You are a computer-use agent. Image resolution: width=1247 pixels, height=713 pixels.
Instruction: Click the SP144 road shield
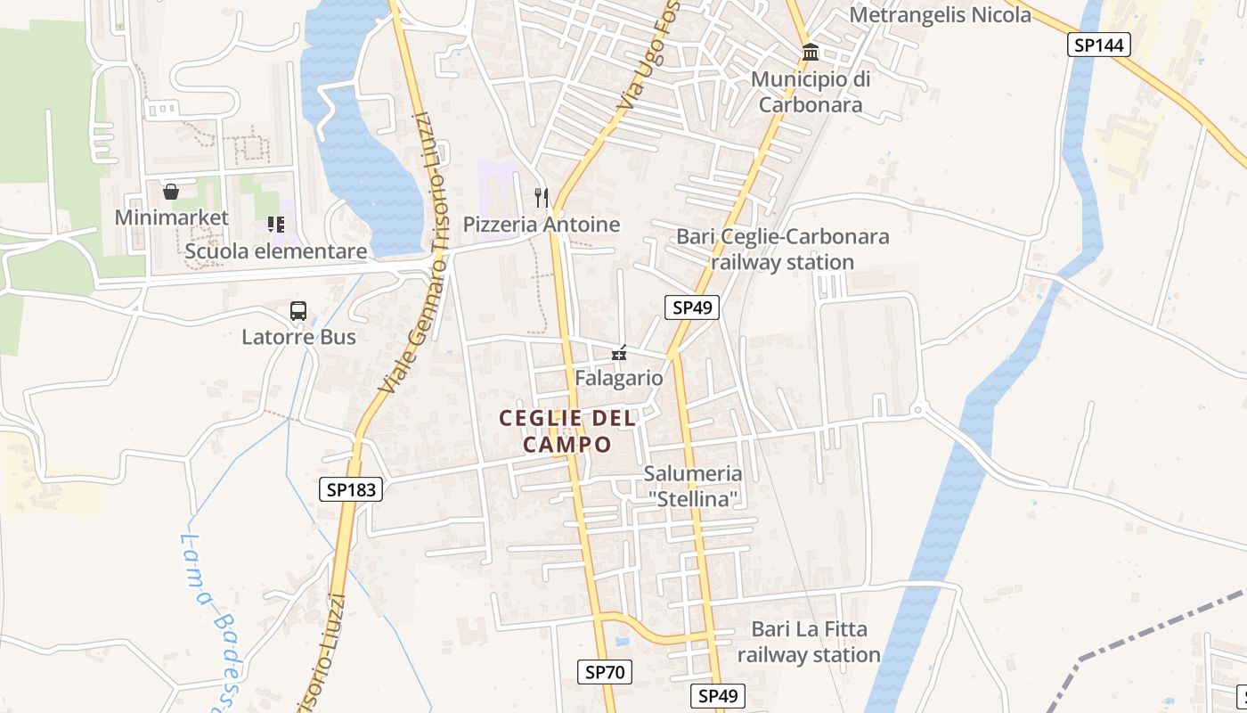coord(1099,45)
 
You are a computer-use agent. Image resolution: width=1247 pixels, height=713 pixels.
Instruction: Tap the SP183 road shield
coord(351,488)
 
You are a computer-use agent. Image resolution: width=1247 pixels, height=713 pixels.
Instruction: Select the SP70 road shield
coord(607,672)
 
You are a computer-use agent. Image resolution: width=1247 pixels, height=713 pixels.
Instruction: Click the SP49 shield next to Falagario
coord(692,307)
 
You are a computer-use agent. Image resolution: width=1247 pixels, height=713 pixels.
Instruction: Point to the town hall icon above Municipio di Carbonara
coord(811,53)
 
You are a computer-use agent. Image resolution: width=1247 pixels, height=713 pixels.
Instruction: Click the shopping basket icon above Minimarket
coord(171,191)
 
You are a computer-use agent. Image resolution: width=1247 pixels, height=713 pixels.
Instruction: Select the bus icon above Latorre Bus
coord(298,311)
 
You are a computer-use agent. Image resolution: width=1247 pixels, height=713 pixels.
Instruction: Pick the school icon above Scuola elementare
coord(275,224)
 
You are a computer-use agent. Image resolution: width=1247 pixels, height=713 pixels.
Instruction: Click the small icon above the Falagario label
coord(619,354)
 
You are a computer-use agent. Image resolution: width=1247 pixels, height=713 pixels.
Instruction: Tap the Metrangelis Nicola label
coord(940,14)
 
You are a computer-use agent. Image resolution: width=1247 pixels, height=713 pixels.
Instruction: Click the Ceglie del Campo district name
coord(567,430)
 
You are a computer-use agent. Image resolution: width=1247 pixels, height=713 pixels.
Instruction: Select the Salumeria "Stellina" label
coord(693,486)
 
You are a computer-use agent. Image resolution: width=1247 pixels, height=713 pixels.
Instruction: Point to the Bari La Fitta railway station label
coord(809,642)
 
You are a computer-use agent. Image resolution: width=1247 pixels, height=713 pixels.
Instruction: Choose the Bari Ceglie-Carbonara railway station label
coord(783,250)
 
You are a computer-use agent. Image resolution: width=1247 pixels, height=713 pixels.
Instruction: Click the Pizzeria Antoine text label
coord(542,225)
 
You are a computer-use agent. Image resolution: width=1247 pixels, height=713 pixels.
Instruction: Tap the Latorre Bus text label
coord(298,337)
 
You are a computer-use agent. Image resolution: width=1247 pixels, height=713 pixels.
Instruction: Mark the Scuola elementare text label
coord(275,251)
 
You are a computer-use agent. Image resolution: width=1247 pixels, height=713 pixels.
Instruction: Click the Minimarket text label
coord(171,217)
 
